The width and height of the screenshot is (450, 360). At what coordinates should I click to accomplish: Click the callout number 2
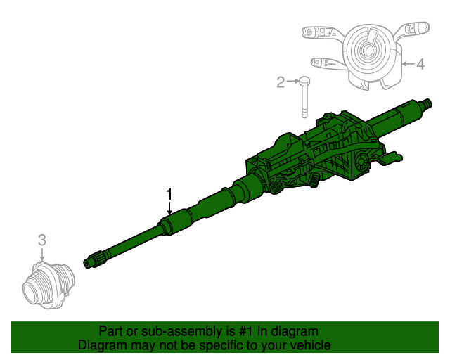click(281, 83)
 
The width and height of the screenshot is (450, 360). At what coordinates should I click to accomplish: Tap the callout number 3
click(41, 240)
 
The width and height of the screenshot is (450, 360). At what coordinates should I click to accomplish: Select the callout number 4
click(420, 65)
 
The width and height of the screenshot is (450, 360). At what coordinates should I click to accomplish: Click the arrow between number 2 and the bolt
click(292, 83)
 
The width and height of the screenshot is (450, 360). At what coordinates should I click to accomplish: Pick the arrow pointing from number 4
click(408, 65)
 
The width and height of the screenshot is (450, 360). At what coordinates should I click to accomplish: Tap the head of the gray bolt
click(305, 82)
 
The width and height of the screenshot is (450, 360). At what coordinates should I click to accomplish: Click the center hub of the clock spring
click(366, 50)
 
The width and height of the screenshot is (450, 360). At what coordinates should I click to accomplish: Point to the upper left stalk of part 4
click(317, 32)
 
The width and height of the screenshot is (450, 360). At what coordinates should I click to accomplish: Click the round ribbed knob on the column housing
click(359, 165)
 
